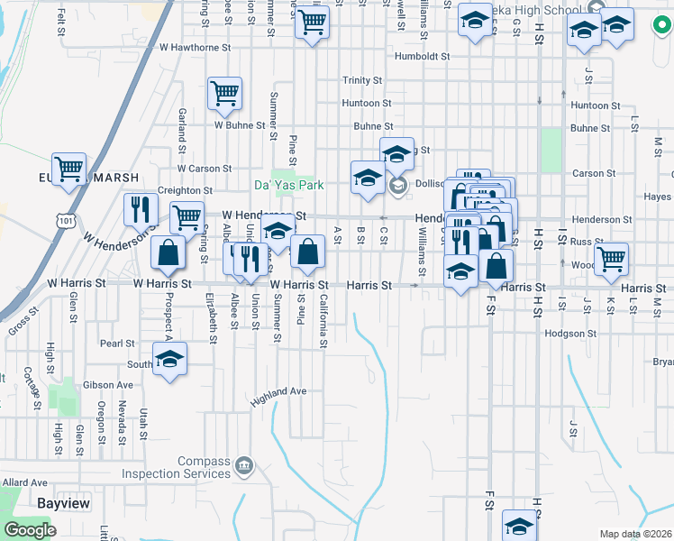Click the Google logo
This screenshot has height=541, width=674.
[30, 530]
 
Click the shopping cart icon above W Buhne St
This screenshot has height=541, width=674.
[224, 92]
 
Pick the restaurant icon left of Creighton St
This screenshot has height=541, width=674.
[140, 209]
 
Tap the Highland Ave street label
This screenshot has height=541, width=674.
[279, 391]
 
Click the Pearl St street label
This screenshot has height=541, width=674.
[117, 344]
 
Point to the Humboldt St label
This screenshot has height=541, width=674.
[421, 55]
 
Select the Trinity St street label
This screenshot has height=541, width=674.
[362, 80]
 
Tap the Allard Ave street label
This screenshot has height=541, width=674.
[24, 483]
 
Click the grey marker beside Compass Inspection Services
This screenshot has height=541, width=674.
[243, 466]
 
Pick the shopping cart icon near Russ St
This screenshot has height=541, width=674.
[611, 258]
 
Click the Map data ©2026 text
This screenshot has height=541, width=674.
[635, 534]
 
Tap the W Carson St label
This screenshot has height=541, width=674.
[205, 169]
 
